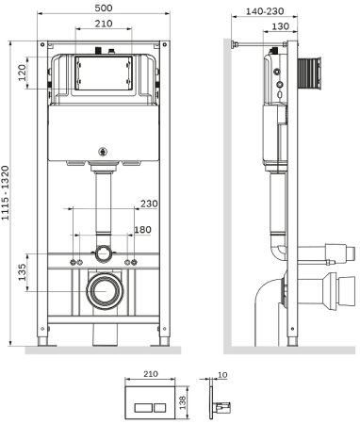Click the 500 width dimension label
point(104,8)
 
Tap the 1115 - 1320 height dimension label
point(7,193)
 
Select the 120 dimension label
point(22,73)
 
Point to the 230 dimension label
point(149,204)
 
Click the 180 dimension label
point(142,230)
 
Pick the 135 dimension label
point(22,272)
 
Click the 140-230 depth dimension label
point(265,11)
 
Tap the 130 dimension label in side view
point(280,26)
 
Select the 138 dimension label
point(183,402)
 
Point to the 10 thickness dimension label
point(222,375)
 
